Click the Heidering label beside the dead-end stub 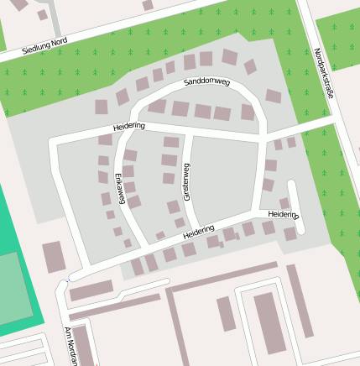click(283, 215)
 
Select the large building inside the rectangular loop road click(269, 322)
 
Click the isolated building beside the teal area click(54, 256)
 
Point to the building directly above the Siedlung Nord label click(42, 15)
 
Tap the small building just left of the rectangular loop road click(226, 313)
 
